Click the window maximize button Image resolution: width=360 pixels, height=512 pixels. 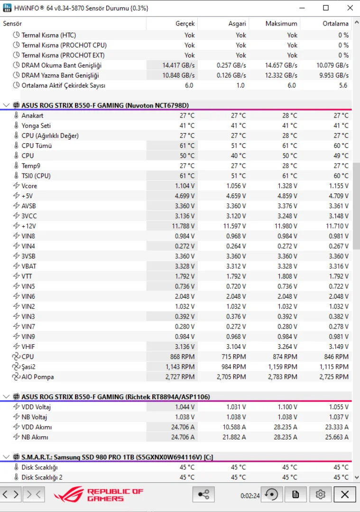pyautogui.click(x=326, y=8)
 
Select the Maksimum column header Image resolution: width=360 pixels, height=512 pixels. pyautogui.click(x=281, y=23)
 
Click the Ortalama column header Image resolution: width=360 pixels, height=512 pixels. pyautogui.click(x=335, y=23)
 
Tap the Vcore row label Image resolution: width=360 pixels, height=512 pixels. pyautogui.click(x=29, y=186)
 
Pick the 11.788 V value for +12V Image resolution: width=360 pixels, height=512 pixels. pyautogui.click(x=183, y=226)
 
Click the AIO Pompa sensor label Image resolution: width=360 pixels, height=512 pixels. pyautogui.click(x=37, y=377)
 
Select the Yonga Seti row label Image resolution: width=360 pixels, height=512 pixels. pyautogui.click(x=36, y=126)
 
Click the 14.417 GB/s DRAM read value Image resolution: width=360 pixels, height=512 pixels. pyautogui.click(x=178, y=65)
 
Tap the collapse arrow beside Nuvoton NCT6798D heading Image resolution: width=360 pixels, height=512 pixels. pyautogui.click(x=6, y=105)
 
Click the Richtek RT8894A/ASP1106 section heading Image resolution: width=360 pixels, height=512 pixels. pyautogui.click(x=115, y=396)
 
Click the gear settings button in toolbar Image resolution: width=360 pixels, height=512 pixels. pyautogui.click(x=320, y=494)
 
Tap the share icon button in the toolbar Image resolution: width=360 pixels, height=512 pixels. pyautogui.click(x=203, y=494)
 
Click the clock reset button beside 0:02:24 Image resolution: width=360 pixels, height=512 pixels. pyautogui.click(x=272, y=494)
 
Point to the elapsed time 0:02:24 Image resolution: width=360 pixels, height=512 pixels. pyautogui.click(x=250, y=495)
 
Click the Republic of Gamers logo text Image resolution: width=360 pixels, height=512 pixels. pyautogui.click(x=115, y=495)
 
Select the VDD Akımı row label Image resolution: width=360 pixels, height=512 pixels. pyautogui.click(x=35, y=427)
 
